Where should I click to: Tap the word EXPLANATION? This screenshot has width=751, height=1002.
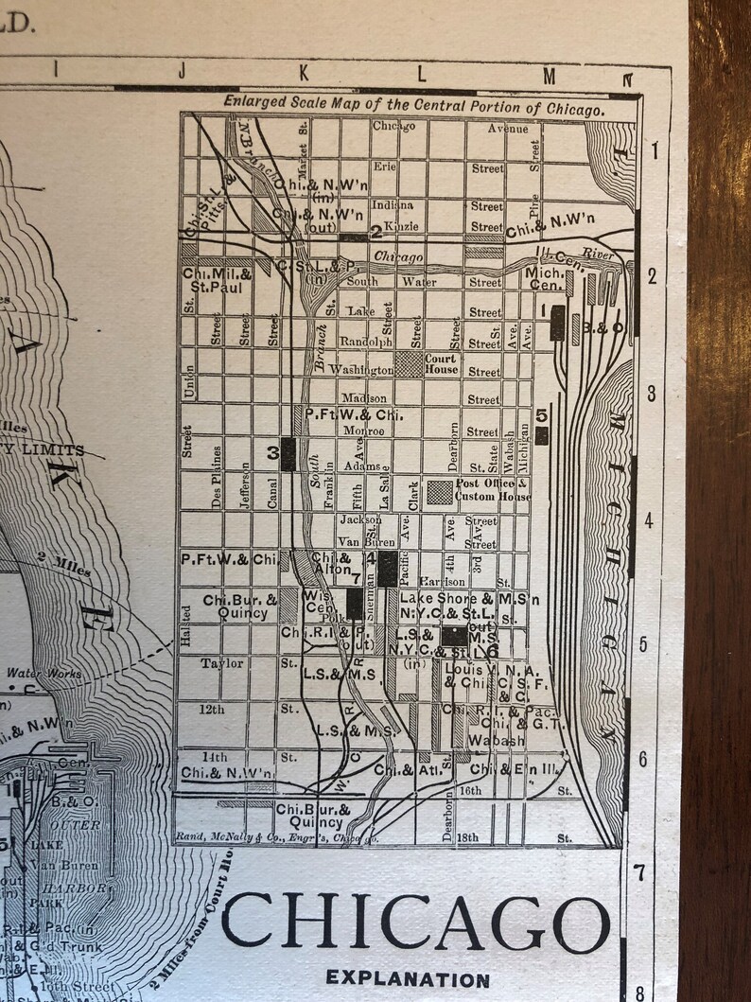click(x=408, y=980)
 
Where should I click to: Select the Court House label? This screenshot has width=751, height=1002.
click(x=441, y=364)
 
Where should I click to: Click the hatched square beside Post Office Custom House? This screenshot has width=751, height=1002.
click(x=440, y=491)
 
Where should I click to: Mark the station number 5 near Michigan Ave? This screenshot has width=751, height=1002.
click(x=541, y=414)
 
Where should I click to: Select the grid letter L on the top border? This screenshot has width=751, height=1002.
click(x=422, y=72)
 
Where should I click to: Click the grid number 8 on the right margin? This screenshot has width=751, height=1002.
click(x=640, y=993)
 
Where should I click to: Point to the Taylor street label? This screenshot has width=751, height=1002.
click(x=221, y=664)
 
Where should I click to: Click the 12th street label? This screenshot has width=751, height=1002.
click(x=212, y=710)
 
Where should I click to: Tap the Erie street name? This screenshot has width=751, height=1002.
click(x=384, y=166)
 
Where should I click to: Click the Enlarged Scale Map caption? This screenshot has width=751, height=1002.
click(x=413, y=110)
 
